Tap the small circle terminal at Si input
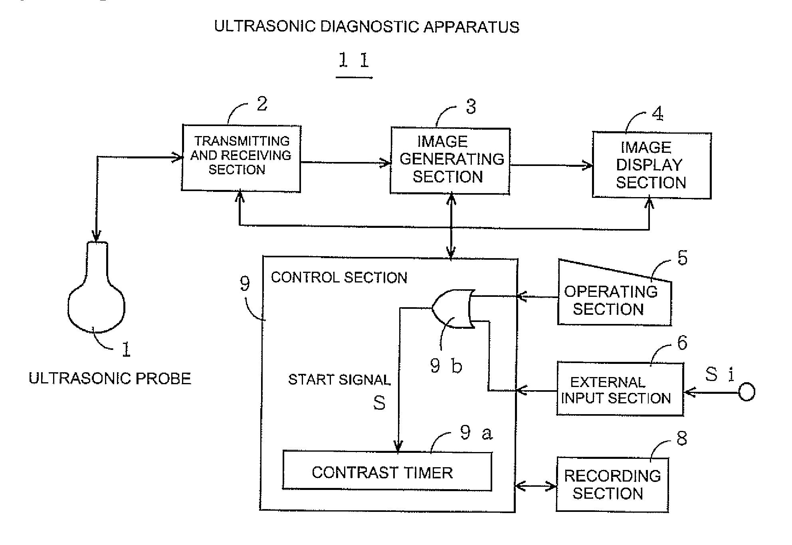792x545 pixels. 746,392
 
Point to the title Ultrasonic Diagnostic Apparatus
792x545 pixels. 366,27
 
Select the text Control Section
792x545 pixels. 339,278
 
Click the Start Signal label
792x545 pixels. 339,379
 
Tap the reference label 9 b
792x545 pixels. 446,365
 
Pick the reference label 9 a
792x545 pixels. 476,432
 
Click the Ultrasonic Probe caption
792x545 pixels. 110,378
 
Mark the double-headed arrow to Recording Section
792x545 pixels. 536,486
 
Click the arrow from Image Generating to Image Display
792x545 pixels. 551,165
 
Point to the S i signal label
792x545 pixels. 720,374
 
